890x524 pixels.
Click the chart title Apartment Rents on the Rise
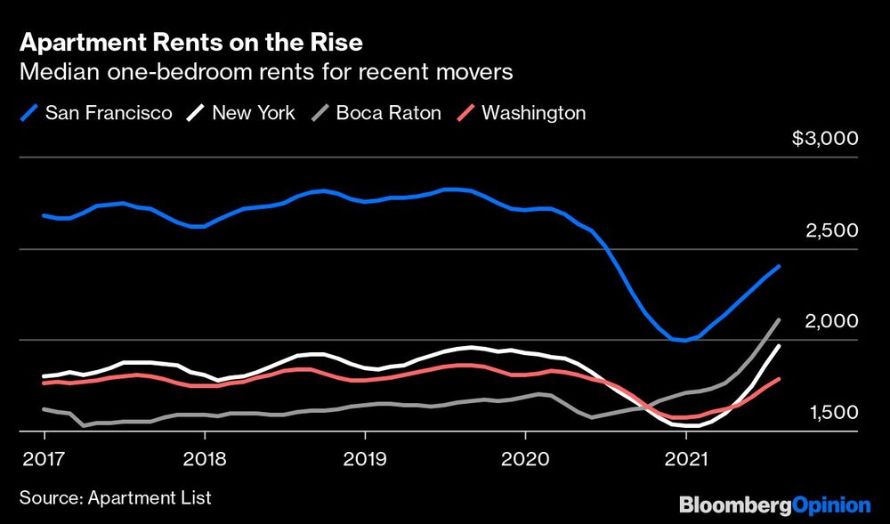(190, 42)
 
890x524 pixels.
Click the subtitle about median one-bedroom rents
(266, 73)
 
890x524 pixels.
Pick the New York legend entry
(241, 113)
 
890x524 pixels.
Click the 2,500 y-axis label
(831, 230)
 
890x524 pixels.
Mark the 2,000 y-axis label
(831, 321)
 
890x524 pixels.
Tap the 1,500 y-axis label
(831, 413)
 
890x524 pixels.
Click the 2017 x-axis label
(44, 461)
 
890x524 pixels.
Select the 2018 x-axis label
(205, 461)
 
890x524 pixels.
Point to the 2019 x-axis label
(365, 461)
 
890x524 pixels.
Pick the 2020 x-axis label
(525, 461)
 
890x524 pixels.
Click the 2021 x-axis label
(685, 461)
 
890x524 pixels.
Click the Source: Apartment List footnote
(115, 497)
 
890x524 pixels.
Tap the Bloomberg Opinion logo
(774, 505)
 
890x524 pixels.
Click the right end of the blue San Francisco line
(780, 266)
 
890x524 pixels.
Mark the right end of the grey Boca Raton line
(780, 319)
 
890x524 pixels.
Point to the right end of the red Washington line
(780, 379)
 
